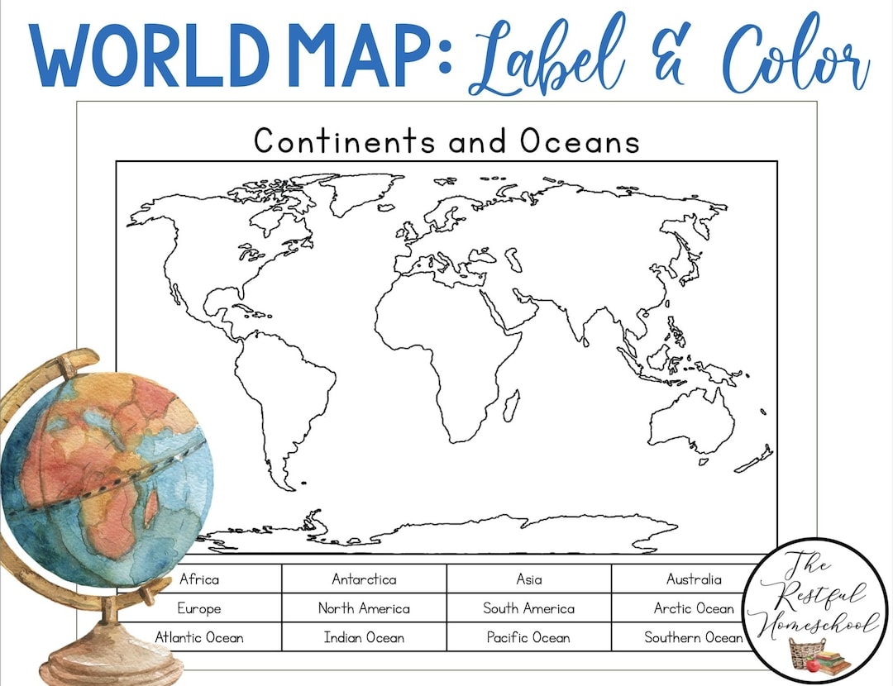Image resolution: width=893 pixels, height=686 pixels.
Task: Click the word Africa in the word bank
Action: tap(199, 579)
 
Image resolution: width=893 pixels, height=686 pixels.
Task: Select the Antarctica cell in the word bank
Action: tap(364, 579)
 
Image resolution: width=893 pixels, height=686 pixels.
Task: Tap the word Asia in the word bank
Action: tap(529, 579)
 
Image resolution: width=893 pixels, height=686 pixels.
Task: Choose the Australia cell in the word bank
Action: tap(694, 579)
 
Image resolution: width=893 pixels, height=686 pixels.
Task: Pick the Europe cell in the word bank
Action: tap(199, 608)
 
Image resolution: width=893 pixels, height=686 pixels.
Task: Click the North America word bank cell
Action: tap(364, 608)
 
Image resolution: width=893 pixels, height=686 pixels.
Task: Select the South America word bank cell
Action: tap(529, 608)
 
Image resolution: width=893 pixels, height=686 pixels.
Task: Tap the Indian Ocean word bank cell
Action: tap(364, 637)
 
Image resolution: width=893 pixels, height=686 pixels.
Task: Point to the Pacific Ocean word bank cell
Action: tap(529, 637)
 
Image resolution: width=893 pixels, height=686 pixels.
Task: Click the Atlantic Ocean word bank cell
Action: tap(199, 637)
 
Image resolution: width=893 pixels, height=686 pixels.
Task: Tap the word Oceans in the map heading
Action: tap(580, 141)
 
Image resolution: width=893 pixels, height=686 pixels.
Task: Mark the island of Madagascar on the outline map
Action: tap(512, 406)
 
